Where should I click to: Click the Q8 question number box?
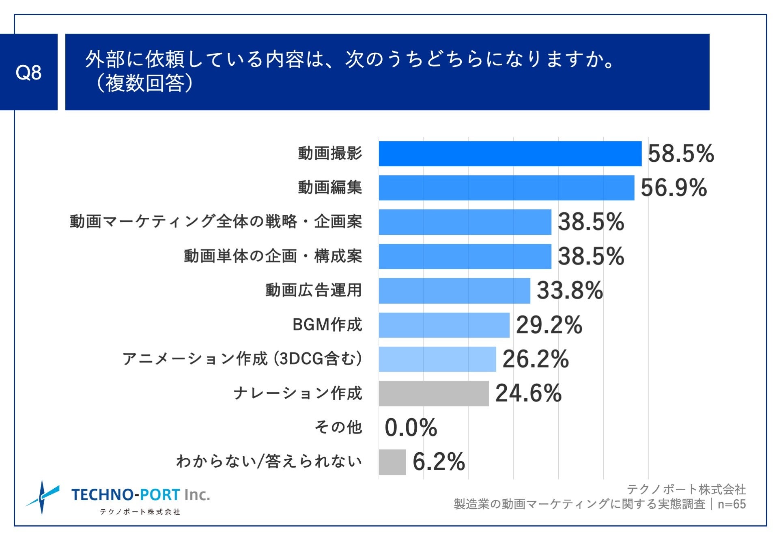(28, 72)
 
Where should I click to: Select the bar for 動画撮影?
(510, 154)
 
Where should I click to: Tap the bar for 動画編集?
(506, 188)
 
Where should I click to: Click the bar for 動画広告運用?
(454, 291)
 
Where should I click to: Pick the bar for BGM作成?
(444, 325)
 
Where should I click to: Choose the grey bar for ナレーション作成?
(434, 393)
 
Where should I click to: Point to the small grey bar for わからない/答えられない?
(392, 462)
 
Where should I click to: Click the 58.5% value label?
(680, 154)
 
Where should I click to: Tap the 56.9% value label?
(674, 188)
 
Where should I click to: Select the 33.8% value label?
(570, 291)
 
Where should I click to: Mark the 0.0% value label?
(411, 428)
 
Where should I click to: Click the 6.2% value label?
(439, 462)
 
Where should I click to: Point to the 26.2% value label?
(536, 359)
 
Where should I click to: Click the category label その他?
(338, 427)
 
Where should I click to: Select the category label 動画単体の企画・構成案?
(273, 256)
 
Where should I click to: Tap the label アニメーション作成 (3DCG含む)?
(242, 359)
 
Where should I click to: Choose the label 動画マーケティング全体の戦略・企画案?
(215, 222)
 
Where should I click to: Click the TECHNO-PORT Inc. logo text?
(140, 495)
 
